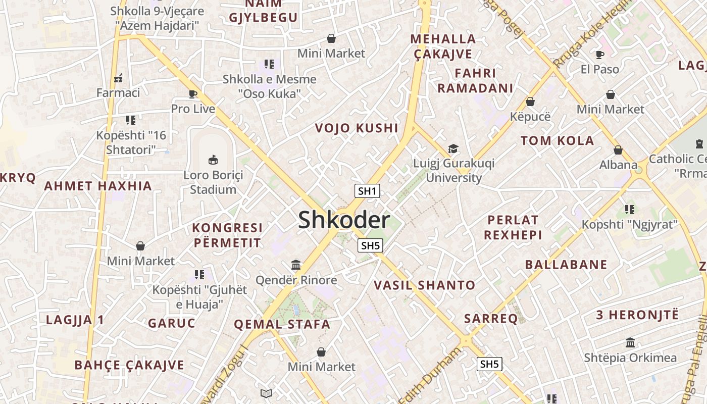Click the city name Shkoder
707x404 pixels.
point(344,220)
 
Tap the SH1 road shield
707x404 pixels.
point(367,191)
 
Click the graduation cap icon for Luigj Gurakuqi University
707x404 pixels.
point(453,148)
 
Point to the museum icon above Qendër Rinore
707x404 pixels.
point(296,265)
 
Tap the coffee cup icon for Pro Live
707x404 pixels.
point(192,93)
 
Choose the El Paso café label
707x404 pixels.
point(600,69)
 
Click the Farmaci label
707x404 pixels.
point(118,92)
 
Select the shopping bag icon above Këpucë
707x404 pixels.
point(530,102)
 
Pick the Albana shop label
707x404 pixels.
point(618,165)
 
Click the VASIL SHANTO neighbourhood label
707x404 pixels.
point(424,285)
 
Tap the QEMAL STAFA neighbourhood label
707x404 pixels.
point(282,324)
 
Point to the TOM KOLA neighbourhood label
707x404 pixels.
point(558,141)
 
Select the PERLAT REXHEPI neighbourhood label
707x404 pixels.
point(513,227)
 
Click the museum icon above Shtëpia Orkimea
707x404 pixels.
point(630,343)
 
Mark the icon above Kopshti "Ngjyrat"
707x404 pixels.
point(629,209)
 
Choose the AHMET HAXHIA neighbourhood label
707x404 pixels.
point(98,186)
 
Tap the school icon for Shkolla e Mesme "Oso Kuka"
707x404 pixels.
point(269,64)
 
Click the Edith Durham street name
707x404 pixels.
point(431,374)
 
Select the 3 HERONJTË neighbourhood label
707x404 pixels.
point(637,315)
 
